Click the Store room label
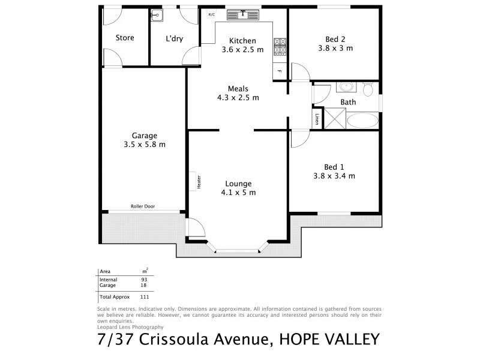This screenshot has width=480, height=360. (125, 38)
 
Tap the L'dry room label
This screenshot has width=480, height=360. (175, 38)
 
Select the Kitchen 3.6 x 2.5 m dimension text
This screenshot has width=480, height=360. (242, 50)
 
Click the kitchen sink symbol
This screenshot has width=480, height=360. (244, 14)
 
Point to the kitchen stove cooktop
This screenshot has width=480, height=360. (280, 47)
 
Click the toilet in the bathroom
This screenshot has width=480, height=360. (368, 89)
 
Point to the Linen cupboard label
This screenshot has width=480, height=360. (317, 119)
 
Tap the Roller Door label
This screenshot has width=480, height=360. (143, 206)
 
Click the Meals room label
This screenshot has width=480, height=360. (238, 88)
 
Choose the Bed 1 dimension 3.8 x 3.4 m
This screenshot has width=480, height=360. (334, 176)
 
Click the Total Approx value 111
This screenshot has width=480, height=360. (144, 296)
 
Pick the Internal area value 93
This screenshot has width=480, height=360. (144, 280)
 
